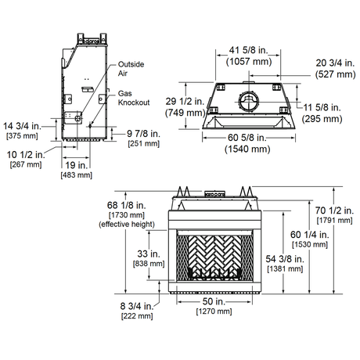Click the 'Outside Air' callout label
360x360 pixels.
131,69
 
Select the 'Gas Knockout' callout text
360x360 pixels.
134,98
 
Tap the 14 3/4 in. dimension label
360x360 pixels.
22,126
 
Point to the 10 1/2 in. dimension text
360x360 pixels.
26,155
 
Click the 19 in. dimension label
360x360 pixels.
76,165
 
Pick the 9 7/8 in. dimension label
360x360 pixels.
143,134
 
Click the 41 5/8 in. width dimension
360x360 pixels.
249,50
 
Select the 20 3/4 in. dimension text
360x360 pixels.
335,63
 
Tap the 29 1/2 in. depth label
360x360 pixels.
185,101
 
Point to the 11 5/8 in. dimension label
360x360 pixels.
322,107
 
